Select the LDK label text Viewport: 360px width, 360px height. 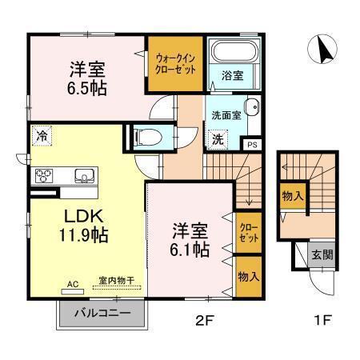click(x=76, y=217)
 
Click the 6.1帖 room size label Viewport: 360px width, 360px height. click(x=191, y=250)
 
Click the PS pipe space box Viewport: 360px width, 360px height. click(x=252, y=145)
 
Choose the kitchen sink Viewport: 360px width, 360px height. click(x=83, y=175)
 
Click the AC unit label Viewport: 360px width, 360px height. click(x=72, y=283)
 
